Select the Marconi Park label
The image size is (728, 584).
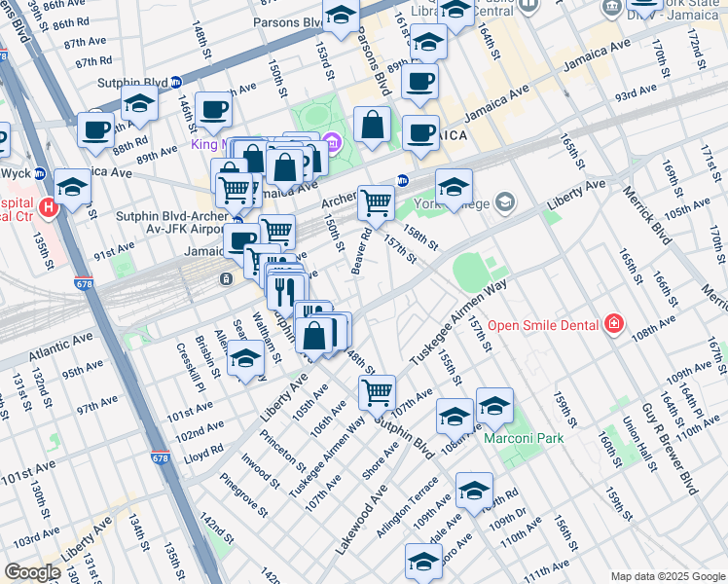524,439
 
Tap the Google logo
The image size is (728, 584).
32,573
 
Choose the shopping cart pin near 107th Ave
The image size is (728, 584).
377,393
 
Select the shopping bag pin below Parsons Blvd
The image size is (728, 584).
372,125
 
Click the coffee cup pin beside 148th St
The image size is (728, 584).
213,110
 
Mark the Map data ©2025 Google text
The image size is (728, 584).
667,576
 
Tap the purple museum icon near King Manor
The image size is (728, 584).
331,145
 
